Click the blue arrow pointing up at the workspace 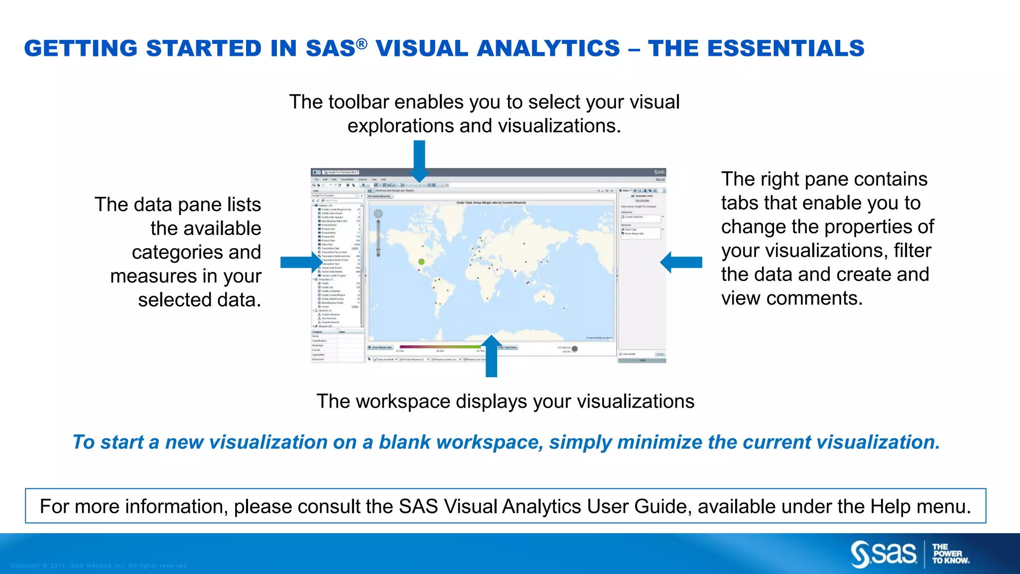pos(491,356)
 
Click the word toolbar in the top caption pos(357,102)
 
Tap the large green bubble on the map pos(421,262)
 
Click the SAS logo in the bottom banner pos(884,554)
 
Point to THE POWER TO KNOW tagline pos(950,554)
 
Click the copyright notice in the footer pos(99,566)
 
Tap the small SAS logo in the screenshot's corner pos(659,172)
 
